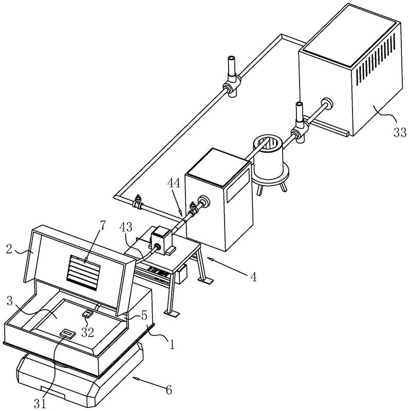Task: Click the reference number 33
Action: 400,132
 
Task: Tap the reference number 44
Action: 174,183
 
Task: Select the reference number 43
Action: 126,227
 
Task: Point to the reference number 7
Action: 102,225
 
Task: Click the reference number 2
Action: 9,248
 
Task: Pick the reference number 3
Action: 9,301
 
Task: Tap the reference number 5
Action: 144,316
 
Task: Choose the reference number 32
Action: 87,332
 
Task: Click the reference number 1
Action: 172,345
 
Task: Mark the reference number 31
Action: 40,404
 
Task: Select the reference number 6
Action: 169,390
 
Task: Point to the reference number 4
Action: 253,277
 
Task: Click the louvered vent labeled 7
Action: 84,273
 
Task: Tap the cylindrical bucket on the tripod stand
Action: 269,158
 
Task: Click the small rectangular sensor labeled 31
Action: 68,334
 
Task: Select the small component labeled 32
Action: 87,313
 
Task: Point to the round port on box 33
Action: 327,104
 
